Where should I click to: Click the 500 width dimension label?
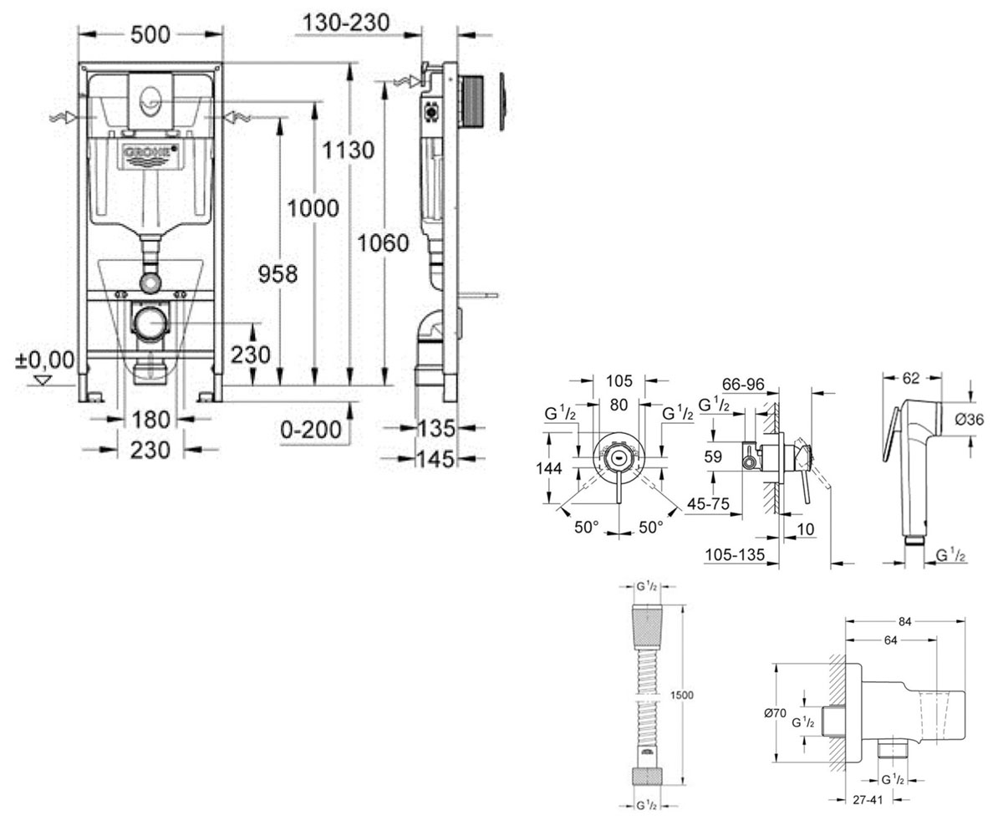[x=150, y=34]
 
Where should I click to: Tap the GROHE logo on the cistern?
[x=150, y=152]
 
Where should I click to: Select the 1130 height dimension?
[x=349, y=150]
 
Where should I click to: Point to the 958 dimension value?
[x=278, y=274]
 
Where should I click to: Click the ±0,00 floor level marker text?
[x=45, y=359]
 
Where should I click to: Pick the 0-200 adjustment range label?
[x=311, y=429]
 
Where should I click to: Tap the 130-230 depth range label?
[x=346, y=23]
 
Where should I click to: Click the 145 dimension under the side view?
[x=436, y=459]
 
